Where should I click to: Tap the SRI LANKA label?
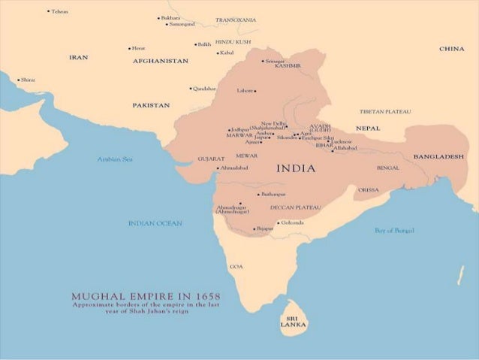292,321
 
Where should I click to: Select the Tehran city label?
59,11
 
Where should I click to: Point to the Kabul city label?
227,53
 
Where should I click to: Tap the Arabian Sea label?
114,159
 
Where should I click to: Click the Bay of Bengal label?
394,230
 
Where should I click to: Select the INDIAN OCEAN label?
155,223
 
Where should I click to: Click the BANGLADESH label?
438,156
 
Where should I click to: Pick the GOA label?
236,266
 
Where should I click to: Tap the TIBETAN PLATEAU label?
385,111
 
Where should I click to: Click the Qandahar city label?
204,88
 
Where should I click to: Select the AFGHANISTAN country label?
160,61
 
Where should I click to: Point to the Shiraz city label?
28,79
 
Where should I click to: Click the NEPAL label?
368,129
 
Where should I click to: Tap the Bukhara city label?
170,17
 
